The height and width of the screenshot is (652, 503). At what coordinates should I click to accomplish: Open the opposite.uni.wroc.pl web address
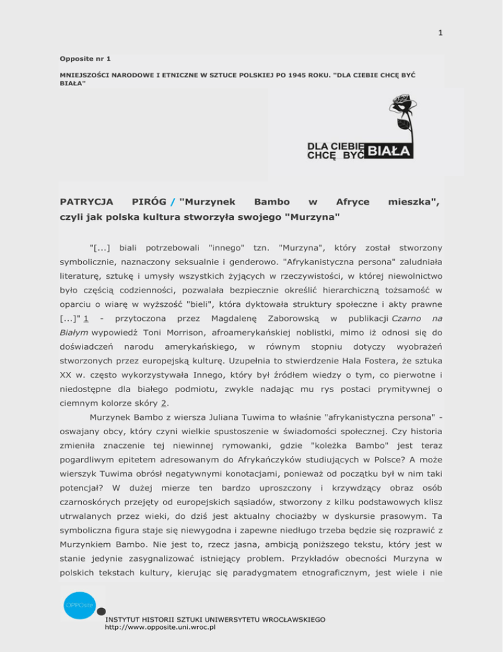click(160, 627)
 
